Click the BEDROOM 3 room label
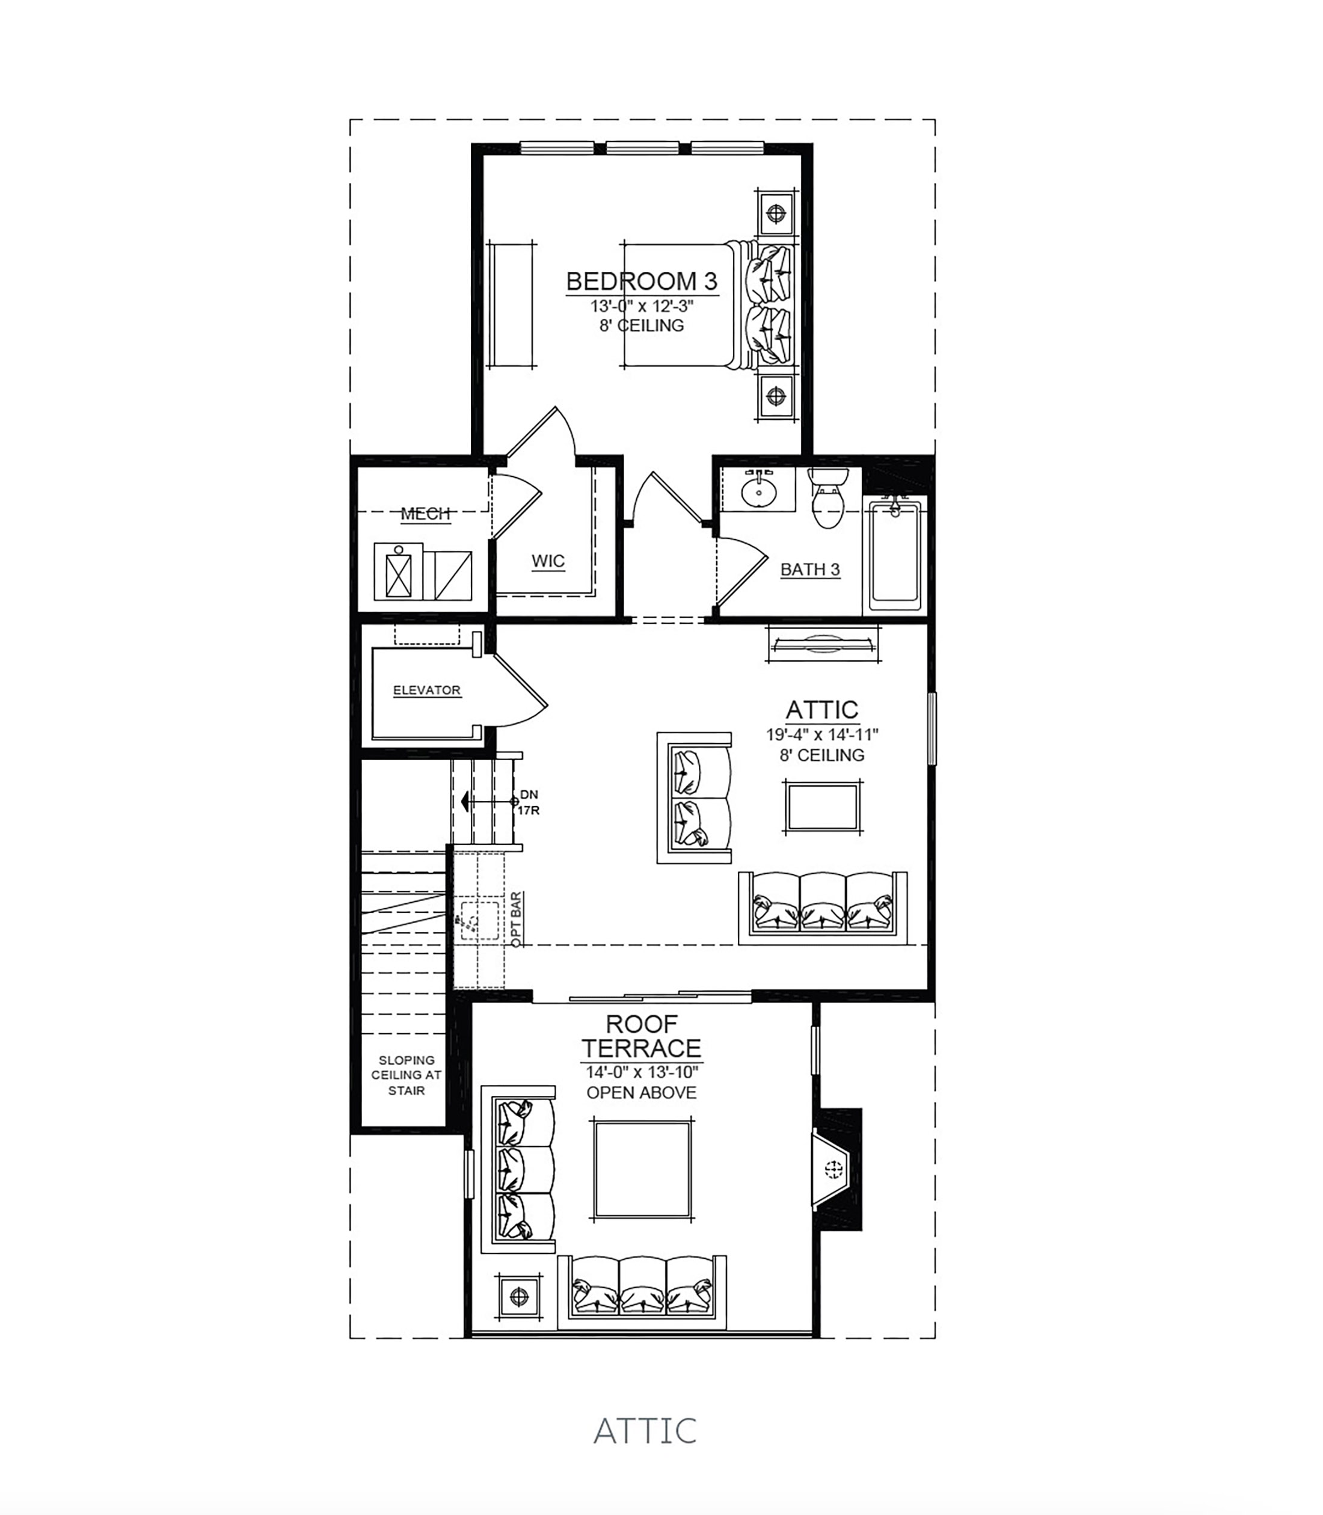coord(642,281)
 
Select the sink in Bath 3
coord(758,489)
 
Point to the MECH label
coord(425,514)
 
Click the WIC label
coord(548,561)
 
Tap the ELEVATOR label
coord(427,690)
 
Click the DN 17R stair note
coord(529,802)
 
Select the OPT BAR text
coord(516,919)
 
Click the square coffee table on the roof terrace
coord(642,1169)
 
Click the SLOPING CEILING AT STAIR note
coord(406,1075)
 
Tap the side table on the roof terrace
coord(520,1295)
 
